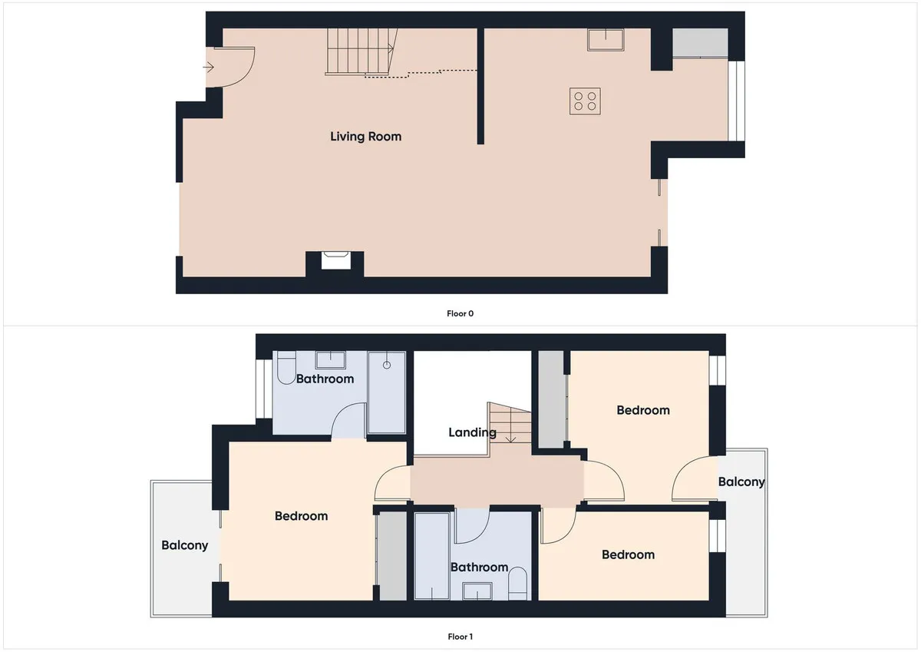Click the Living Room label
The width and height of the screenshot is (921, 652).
(365, 137)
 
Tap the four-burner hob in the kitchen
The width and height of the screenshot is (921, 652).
(585, 101)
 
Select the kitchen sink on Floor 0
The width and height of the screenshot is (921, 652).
(606, 40)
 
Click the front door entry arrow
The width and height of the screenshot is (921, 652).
(209, 67)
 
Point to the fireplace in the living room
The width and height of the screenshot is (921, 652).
(335, 261)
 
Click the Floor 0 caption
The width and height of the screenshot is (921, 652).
(460, 313)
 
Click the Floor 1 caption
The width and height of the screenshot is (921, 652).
(460, 637)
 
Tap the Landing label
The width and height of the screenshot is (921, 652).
(472, 432)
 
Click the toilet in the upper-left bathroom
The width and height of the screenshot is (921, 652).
(286, 367)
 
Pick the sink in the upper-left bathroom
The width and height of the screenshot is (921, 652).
(330, 360)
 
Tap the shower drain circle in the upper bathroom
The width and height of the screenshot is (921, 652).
(387, 365)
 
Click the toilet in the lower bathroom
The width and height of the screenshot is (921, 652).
(517, 584)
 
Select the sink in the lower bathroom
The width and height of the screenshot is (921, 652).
(477, 591)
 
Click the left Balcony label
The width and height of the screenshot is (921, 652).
(185, 545)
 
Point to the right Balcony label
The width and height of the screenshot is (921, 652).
(741, 482)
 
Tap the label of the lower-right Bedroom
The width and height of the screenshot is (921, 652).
(628, 554)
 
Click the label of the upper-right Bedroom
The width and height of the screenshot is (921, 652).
(643, 410)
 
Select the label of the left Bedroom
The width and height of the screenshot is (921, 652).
(301, 516)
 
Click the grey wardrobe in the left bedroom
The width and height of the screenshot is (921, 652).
(393, 556)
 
